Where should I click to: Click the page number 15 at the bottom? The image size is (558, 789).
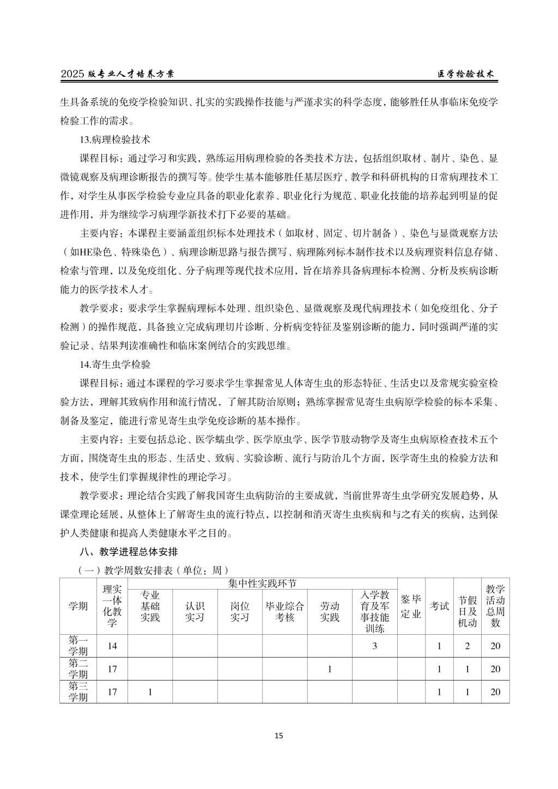278,736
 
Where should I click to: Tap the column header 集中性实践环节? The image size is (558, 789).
263,583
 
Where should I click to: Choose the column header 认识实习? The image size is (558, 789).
195,611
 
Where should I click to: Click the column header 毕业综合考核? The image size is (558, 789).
284,611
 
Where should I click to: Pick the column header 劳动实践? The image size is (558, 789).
330,611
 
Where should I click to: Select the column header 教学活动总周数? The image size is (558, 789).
495,605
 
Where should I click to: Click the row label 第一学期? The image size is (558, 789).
78,646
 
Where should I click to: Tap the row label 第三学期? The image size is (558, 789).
78,691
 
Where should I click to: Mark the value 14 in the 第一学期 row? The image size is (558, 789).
112,646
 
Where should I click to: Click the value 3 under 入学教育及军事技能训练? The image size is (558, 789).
374,646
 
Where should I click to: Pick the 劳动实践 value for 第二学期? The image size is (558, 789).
330,669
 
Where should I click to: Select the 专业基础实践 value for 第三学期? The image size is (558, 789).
150,691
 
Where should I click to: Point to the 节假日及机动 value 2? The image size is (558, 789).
468,646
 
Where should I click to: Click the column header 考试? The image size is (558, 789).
440,605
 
